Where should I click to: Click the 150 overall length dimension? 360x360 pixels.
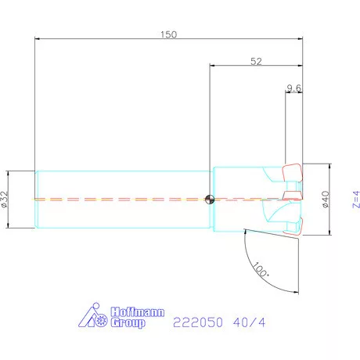168,34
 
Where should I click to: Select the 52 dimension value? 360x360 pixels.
255,63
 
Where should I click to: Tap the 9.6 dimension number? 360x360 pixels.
294,88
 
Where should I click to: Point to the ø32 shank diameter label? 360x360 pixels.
6,200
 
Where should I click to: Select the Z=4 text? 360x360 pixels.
355,200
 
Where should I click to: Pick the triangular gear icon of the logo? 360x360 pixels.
99,316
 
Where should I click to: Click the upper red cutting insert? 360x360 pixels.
292,171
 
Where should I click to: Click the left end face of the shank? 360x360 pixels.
36,199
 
